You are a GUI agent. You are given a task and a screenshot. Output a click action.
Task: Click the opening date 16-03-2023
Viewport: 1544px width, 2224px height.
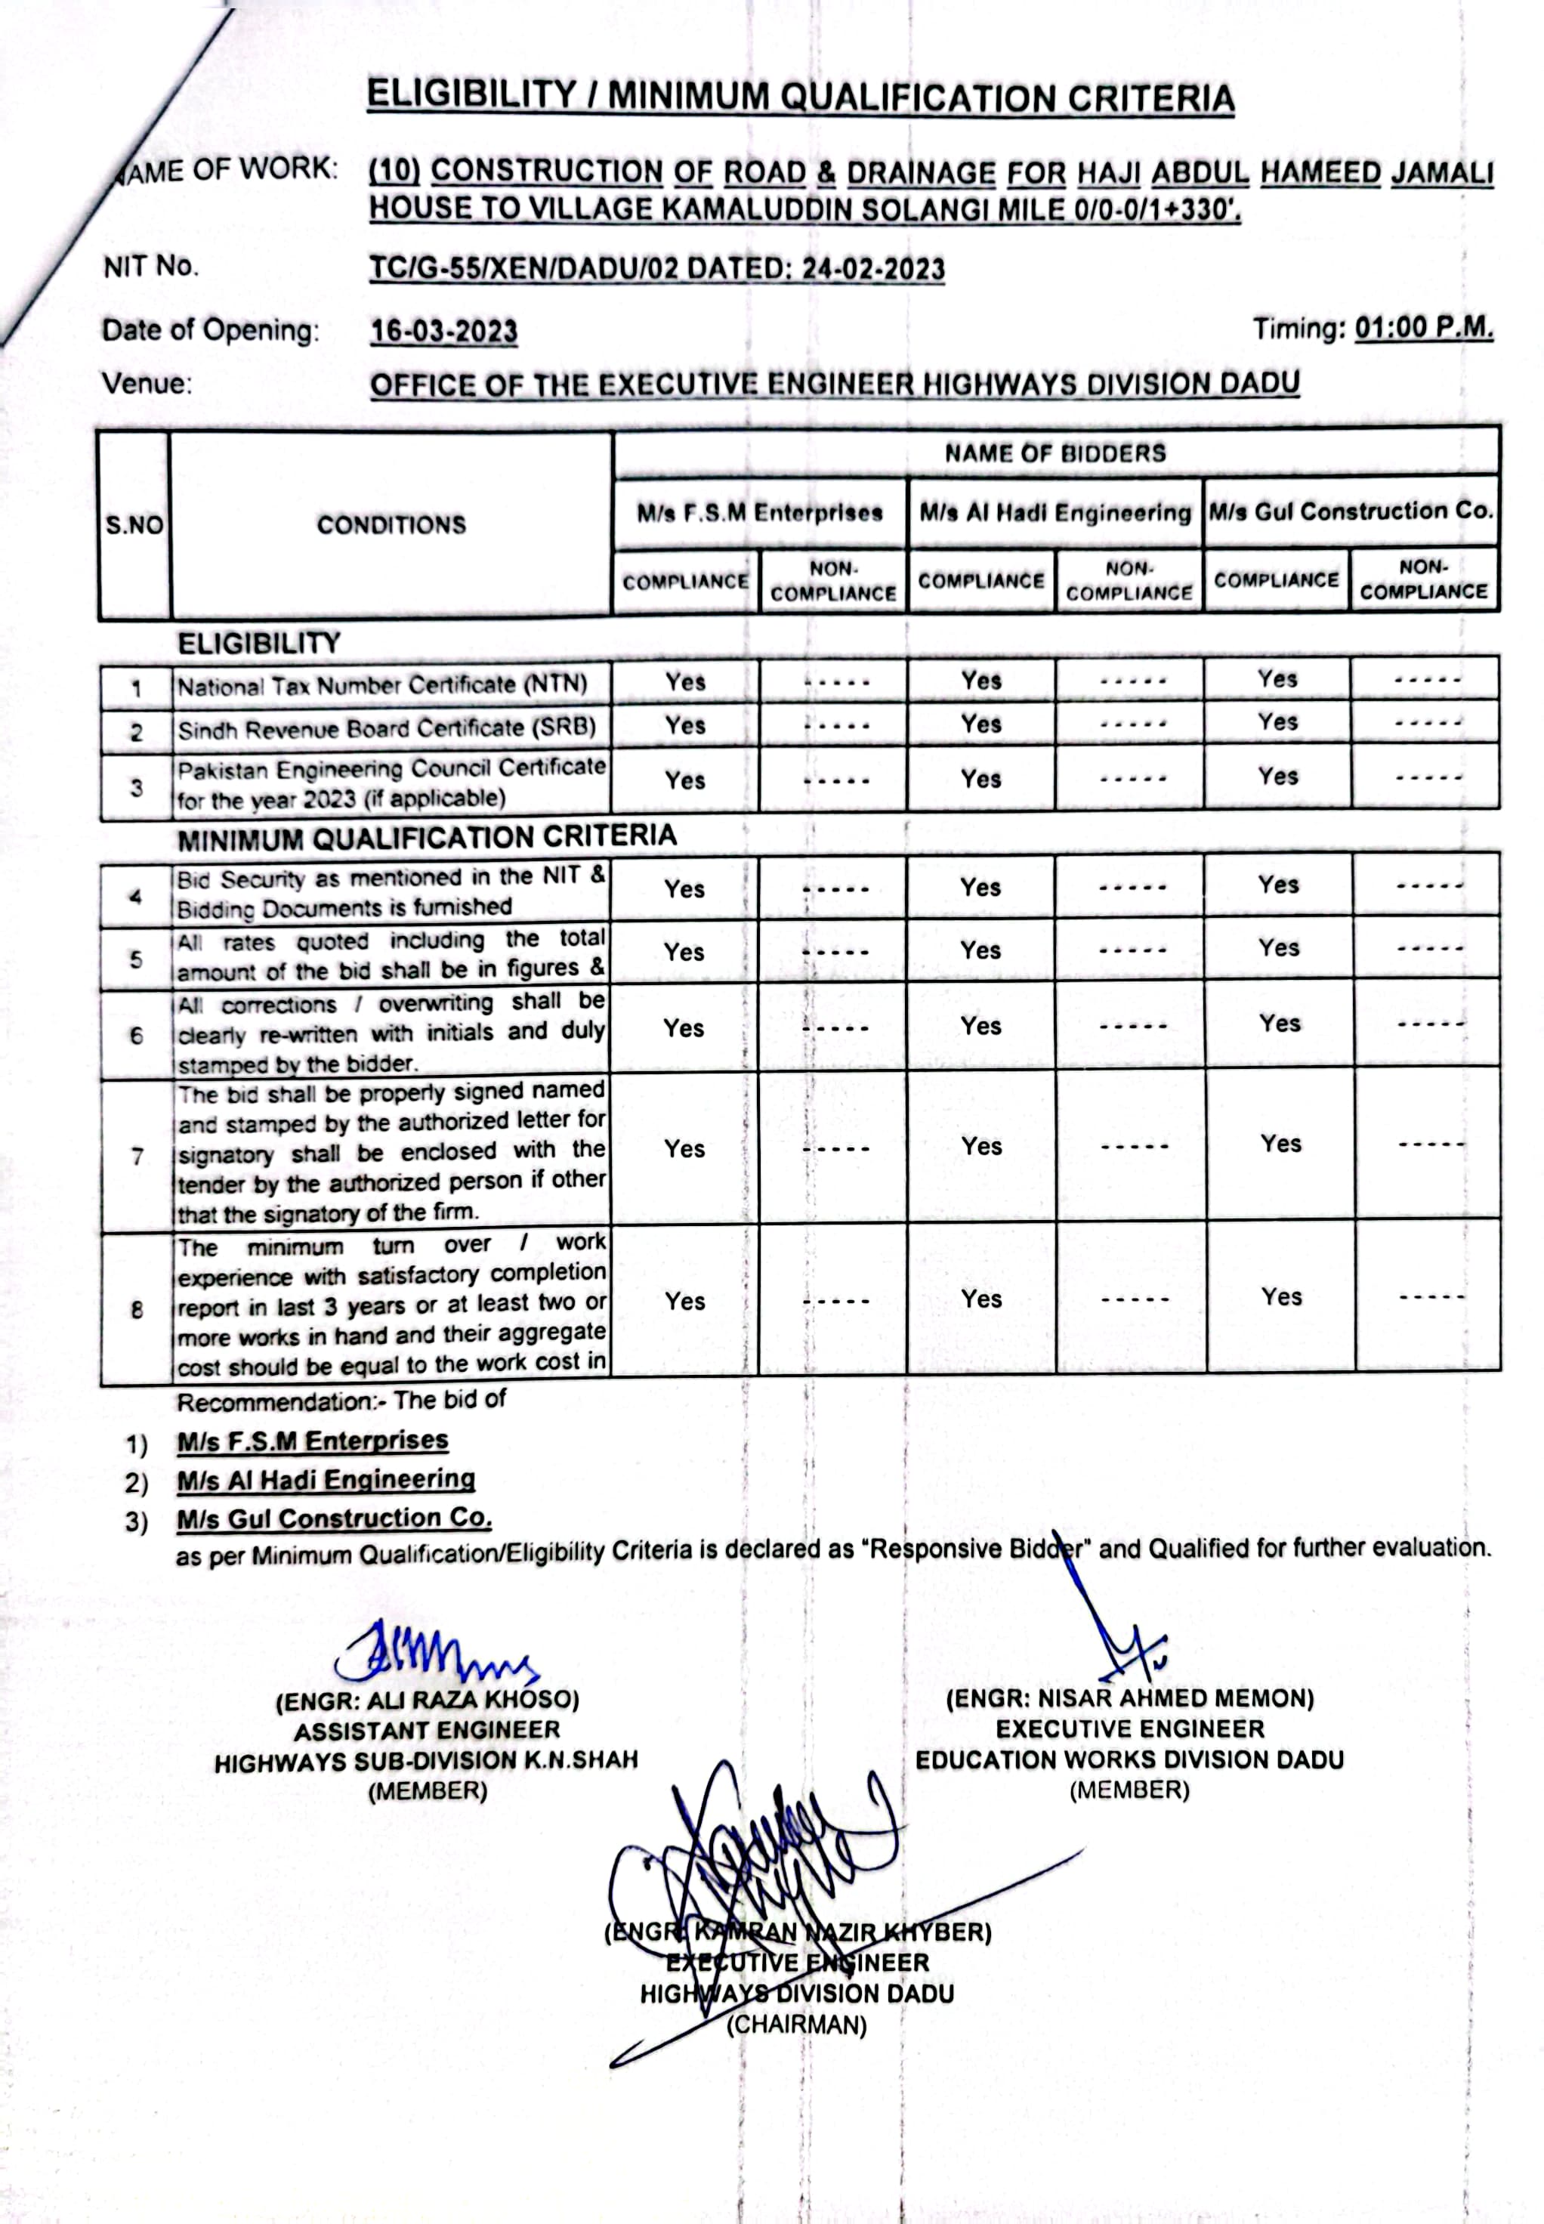(444, 332)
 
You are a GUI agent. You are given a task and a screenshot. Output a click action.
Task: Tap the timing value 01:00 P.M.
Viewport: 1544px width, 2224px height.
(1423, 328)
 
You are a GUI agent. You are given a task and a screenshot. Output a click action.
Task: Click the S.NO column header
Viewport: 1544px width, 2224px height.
(134, 525)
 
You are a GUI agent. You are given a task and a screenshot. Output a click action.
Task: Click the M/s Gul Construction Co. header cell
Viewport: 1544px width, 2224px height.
(1351, 511)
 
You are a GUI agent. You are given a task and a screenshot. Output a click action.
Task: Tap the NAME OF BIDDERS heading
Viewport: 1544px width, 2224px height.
(1055, 453)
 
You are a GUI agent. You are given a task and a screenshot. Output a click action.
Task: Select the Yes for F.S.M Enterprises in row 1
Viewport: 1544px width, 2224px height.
(685, 682)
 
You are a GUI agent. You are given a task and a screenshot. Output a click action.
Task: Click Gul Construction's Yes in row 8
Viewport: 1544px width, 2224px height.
(1281, 1297)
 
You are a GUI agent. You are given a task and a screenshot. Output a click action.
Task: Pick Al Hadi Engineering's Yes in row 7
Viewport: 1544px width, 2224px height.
(982, 1146)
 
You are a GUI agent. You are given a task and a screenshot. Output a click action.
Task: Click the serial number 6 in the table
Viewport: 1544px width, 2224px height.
(137, 1036)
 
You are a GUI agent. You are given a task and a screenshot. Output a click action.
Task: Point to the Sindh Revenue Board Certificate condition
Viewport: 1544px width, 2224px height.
(386, 728)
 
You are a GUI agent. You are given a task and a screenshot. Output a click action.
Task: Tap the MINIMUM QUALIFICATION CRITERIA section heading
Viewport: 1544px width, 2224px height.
(427, 837)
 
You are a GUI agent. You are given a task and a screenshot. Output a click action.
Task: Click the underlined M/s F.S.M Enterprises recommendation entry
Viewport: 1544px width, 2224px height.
(313, 1441)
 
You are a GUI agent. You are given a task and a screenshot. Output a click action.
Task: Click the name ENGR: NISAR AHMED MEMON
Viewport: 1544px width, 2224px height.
(1130, 1697)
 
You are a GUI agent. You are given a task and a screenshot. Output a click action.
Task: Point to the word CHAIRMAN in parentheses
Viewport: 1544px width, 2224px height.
(796, 2025)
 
